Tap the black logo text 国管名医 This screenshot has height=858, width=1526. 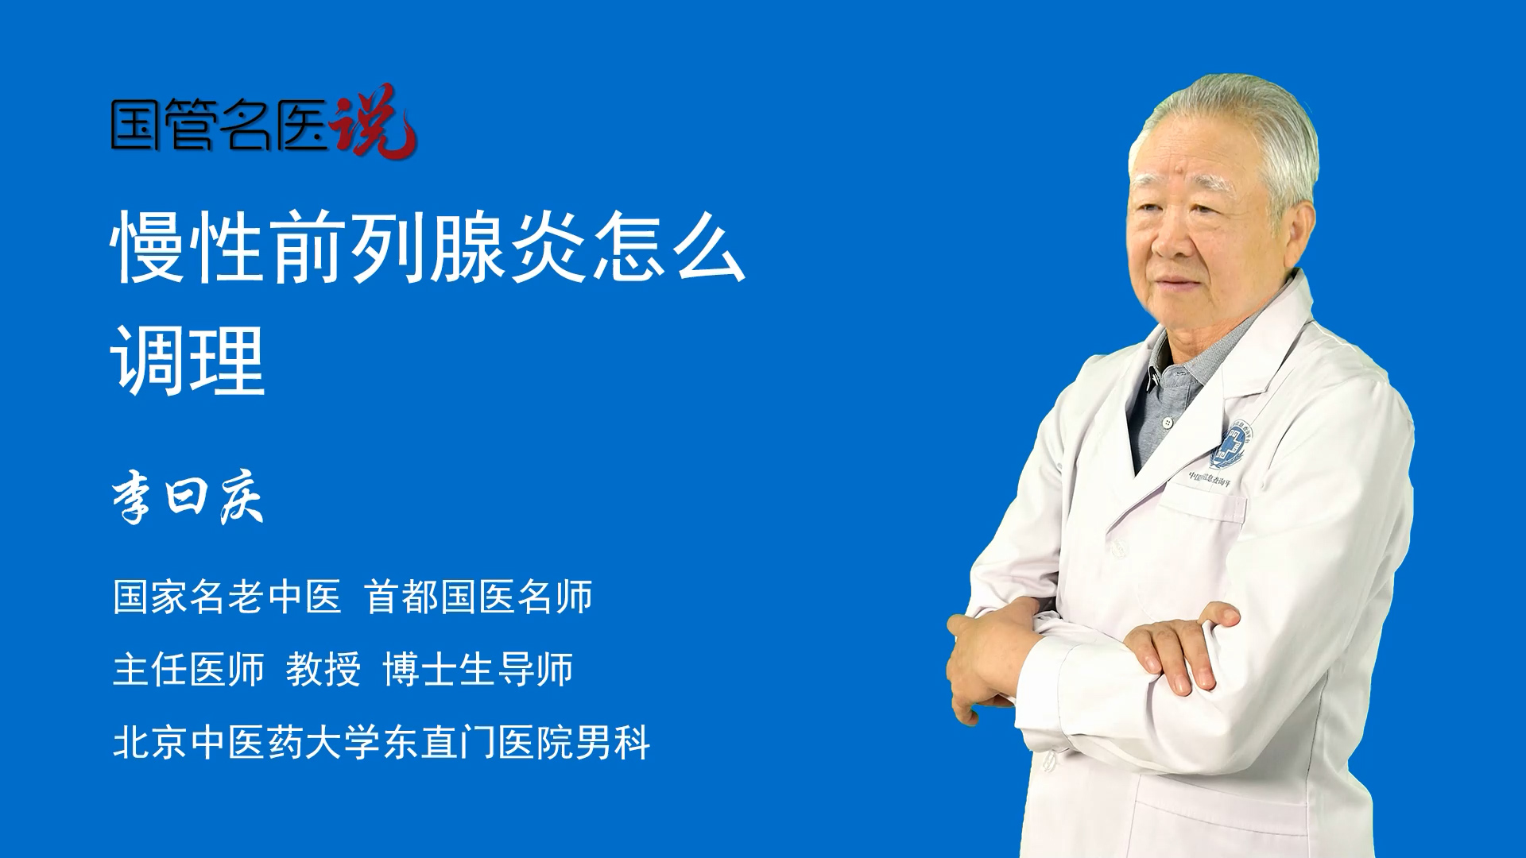pyautogui.click(x=219, y=125)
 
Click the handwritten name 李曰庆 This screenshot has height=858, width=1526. pyautogui.click(x=188, y=497)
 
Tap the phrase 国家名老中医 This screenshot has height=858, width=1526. pyautogui.click(x=227, y=597)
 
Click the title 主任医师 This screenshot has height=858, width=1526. pyautogui.click(x=188, y=669)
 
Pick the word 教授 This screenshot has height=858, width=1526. pyautogui.click(x=323, y=669)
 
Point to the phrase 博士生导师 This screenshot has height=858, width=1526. pyautogui.click(x=478, y=669)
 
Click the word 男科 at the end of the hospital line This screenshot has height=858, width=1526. pyautogui.click(x=613, y=742)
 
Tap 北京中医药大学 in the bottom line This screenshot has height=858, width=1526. pyautogui.click(x=246, y=742)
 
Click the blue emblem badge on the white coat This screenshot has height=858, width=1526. pyautogui.click(x=1230, y=444)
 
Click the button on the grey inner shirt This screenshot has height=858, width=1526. pyautogui.click(x=1166, y=423)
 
